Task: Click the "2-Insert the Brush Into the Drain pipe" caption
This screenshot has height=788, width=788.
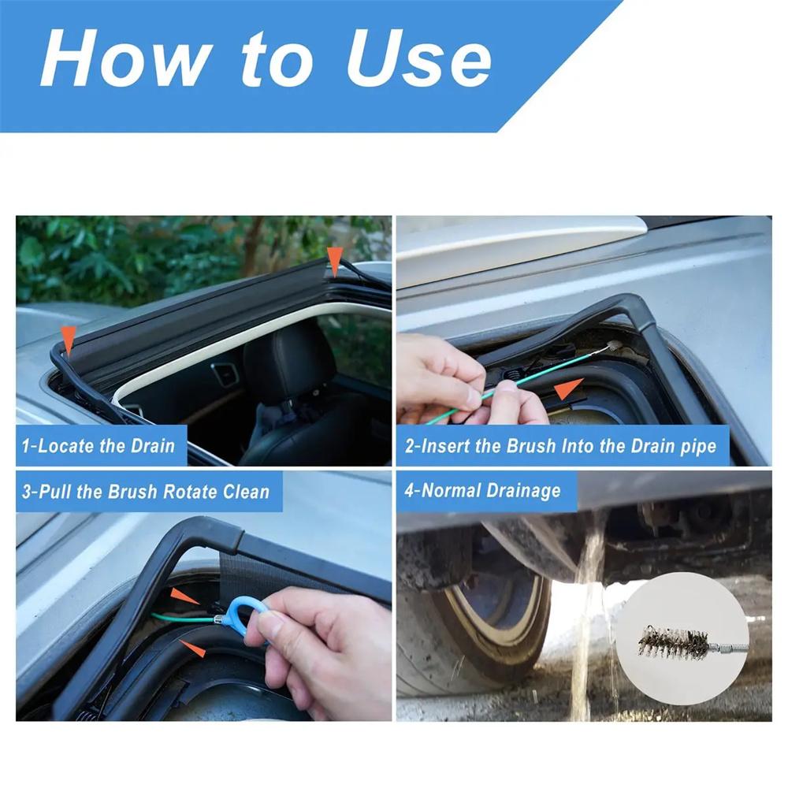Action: (x=560, y=447)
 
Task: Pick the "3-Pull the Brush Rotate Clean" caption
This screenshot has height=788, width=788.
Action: (x=146, y=492)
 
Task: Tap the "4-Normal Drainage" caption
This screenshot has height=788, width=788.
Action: (x=482, y=491)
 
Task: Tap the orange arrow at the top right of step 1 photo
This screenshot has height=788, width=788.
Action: (x=336, y=261)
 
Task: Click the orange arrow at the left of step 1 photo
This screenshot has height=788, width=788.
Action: (x=69, y=340)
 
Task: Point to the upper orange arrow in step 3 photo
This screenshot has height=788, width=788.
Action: (x=186, y=597)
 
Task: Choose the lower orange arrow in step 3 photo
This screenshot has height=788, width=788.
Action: (x=192, y=648)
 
